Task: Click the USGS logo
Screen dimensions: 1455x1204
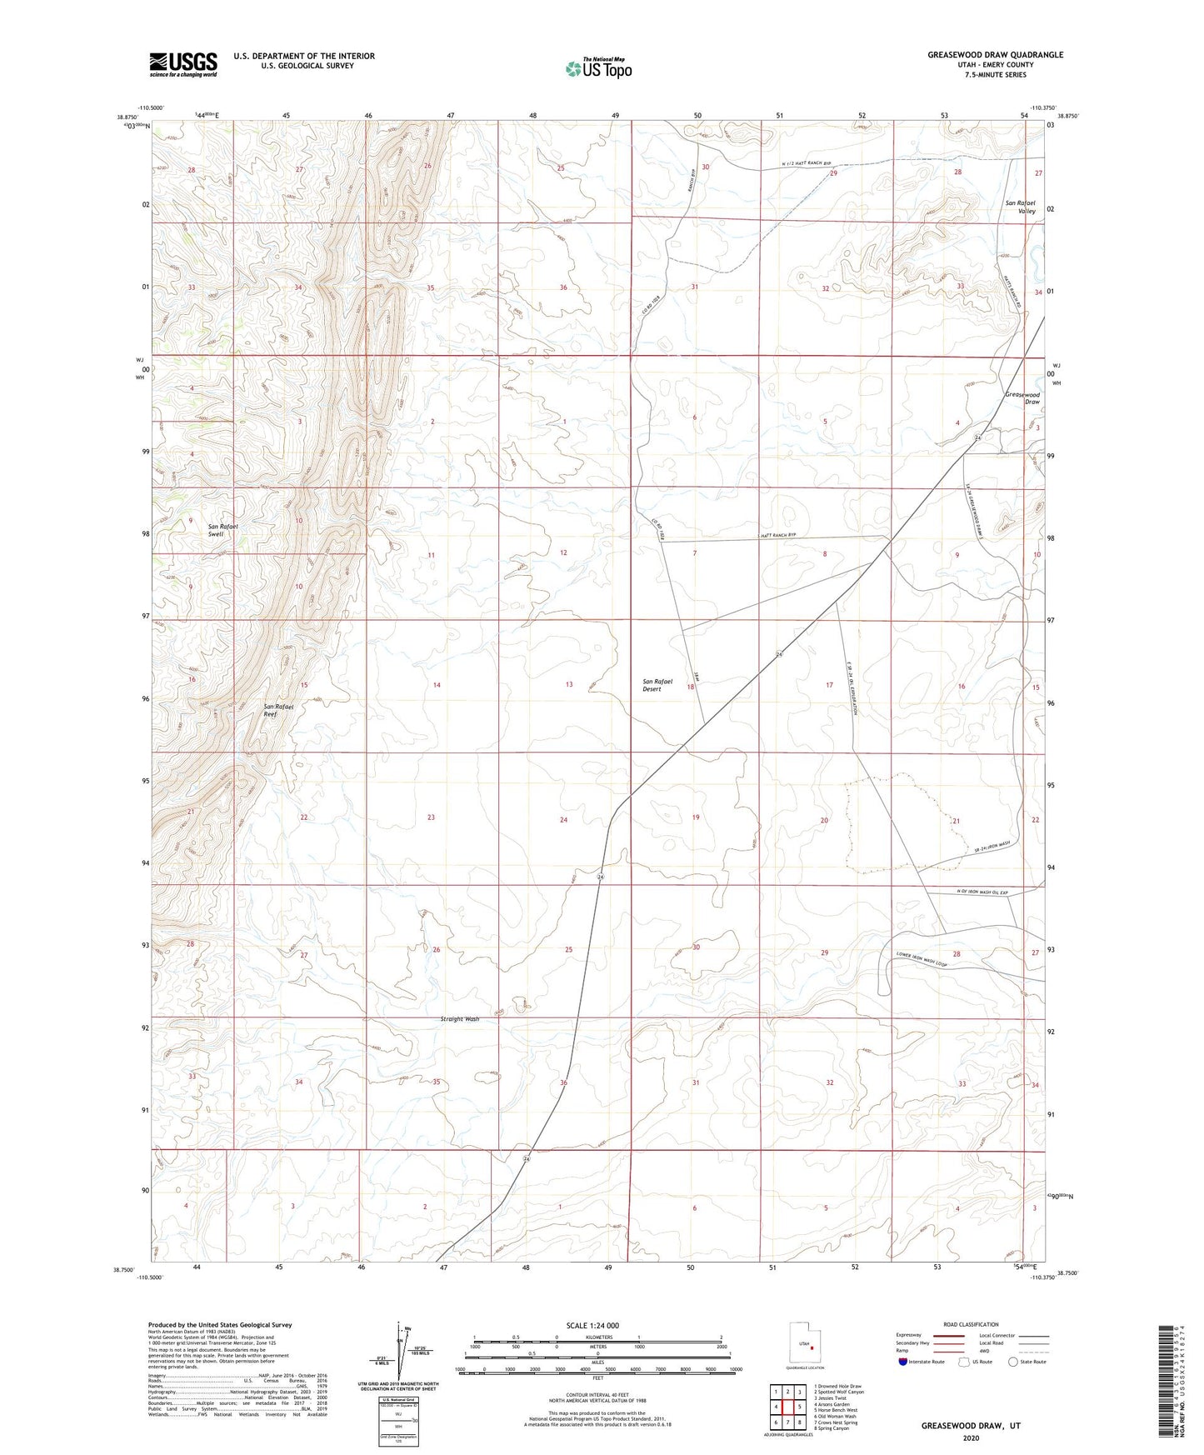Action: point(183,63)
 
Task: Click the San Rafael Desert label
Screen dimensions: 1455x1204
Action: point(657,685)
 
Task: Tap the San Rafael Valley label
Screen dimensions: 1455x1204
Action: point(1021,207)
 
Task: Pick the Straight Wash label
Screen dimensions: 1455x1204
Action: point(460,1019)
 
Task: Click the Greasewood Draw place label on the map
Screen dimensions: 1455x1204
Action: point(1022,397)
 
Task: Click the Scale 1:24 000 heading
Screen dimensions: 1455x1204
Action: point(592,1325)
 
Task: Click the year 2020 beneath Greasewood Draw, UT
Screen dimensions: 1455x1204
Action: point(970,1437)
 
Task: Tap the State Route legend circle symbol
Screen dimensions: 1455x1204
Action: point(1013,1362)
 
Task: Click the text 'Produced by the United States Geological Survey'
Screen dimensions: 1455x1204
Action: point(220,1324)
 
